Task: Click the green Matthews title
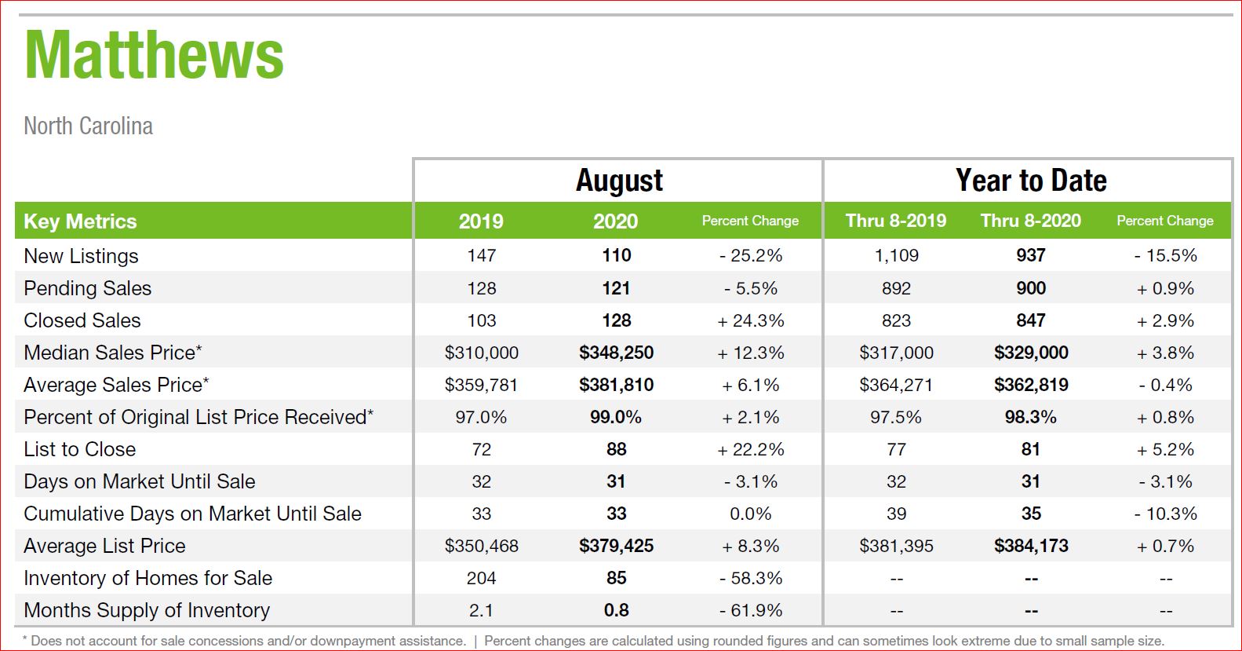(x=154, y=56)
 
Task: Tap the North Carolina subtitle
(x=88, y=126)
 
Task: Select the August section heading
(x=619, y=181)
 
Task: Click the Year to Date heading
(x=1031, y=181)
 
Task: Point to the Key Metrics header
(x=80, y=221)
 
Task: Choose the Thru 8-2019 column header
(x=895, y=221)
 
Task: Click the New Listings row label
(x=81, y=257)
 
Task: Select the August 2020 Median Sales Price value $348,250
(x=616, y=353)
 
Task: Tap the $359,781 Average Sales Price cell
(x=481, y=385)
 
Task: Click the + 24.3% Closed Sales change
(x=750, y=320)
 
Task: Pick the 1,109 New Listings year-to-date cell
(x=896, y=255)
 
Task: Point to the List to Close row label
(x=80, y=449)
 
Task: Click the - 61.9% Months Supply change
(x=750, y=610)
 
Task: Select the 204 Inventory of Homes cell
(x=481, y=578)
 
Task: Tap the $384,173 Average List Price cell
(x=1031, y=546)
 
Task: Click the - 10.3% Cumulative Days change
(x=1165, y=514)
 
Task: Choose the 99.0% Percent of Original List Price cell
(x=615, y=417)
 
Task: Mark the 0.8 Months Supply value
(x=616, y=610)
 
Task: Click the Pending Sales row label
(x=88, y=289)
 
